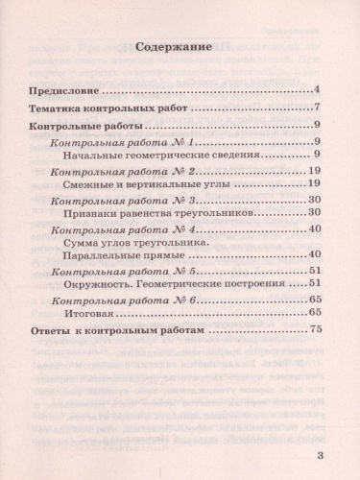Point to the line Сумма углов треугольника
click(x=144, y=244)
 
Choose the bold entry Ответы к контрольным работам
click(x=112, y=330)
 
